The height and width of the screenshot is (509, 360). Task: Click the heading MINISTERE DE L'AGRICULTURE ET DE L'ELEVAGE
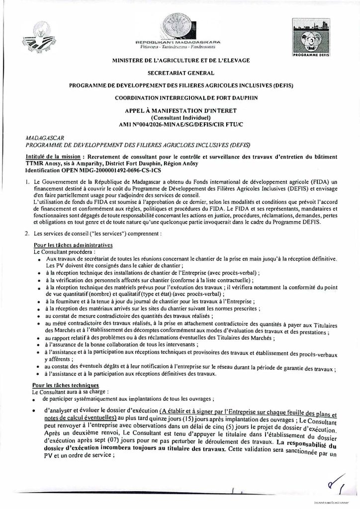click(180, 62)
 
